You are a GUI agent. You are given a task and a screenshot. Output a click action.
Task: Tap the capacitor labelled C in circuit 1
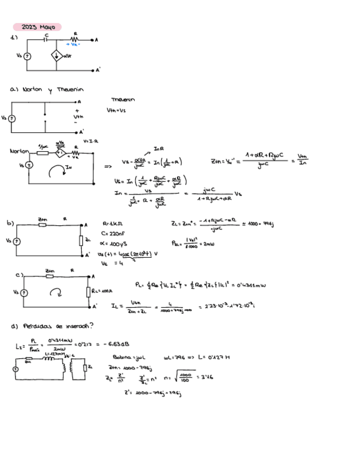pos(47,40)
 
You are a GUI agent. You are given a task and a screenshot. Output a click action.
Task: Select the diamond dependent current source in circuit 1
pos(57,56)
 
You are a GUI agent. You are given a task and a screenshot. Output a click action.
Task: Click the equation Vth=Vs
pos(116,110)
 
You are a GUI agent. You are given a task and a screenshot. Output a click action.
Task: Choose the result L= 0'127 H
pos(212,357)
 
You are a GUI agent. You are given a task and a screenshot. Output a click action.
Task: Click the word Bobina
pos(122,357)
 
